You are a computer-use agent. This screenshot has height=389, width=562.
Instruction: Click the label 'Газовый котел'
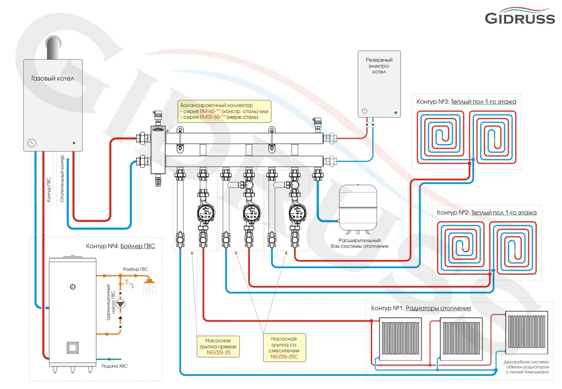point(52,79)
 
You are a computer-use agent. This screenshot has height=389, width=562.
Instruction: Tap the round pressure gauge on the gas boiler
point(31,142)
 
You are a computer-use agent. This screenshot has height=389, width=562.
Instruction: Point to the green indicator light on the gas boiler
point(74,142)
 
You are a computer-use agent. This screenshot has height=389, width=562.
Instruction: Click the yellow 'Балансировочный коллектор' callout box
point(218,111)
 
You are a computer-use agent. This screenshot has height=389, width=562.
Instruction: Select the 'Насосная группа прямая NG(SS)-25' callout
point(218,347)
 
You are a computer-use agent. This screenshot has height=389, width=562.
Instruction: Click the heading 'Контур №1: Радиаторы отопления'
point(421,308)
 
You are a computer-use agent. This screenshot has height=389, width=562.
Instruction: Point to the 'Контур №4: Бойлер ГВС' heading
point(120,246)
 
